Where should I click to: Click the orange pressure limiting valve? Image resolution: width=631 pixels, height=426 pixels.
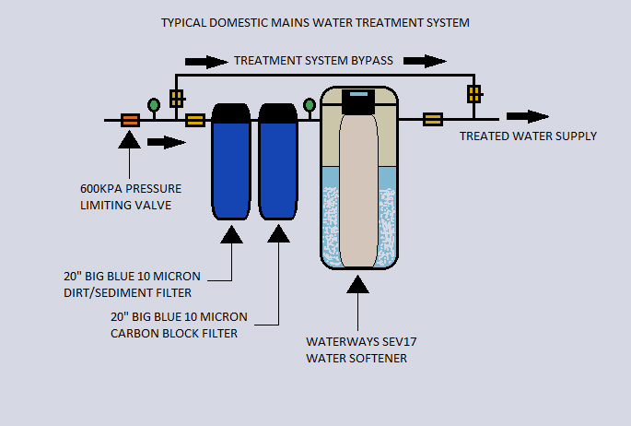click(x=130, y=120)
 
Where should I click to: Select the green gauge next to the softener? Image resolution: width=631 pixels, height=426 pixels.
click(x=310, y=104)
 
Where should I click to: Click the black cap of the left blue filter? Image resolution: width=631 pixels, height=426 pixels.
click(x=230, y=113)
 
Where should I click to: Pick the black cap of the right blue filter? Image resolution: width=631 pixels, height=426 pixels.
click(x=277, y=113)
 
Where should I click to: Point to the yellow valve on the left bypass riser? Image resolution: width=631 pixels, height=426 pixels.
click(x=175, y=95)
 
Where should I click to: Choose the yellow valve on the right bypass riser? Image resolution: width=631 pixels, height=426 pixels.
click(x=473, y=93)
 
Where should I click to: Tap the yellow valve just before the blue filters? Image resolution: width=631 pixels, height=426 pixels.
click(x=195, y=120)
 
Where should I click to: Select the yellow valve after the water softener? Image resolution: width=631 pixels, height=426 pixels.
click(x=432, y=119)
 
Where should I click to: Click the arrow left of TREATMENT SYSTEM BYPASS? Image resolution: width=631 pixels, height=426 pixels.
click(x=205, y=62)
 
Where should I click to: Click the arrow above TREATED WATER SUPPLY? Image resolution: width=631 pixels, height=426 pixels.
click(x=528, y=117)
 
